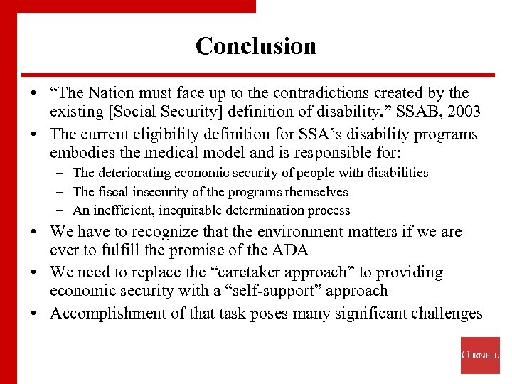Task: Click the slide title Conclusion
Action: (256, 46)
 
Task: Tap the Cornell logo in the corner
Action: (480, 355)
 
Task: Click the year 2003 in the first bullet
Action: (461, 112)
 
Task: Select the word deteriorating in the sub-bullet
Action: (129, 173)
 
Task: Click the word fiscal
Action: (110, 191)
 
